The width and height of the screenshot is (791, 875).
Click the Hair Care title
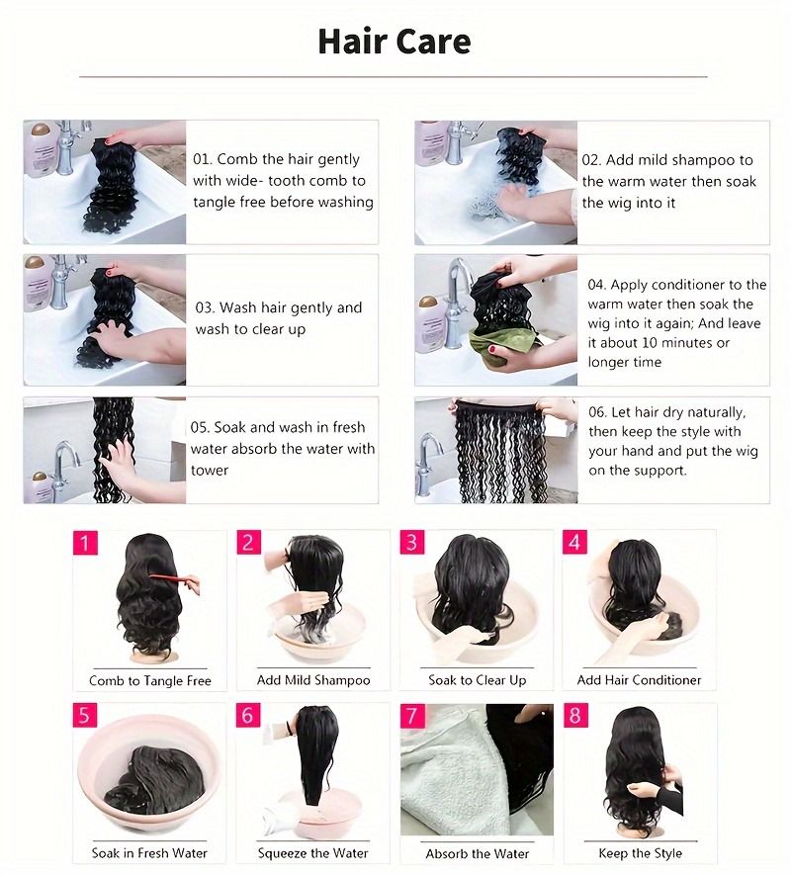(x=394, y=42)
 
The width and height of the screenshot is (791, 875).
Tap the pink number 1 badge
(x=85, y=543)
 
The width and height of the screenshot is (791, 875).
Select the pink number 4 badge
(x=575, y=543)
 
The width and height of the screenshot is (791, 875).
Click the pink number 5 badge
(x=85, y=716)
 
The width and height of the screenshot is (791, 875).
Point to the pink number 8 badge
(x=575, y=716)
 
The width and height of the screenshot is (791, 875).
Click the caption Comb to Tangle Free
(x=150, y=680)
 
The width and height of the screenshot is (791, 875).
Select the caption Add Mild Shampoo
(x=313, y=680)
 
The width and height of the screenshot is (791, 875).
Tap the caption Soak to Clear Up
(x=477, y=680)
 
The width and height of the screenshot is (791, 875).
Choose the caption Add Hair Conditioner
(x=639, y=680)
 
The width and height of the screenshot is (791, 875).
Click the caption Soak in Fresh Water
(x=150, y=853)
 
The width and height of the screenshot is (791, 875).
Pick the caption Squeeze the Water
(x=313, y=853)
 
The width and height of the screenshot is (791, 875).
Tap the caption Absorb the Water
(x=477, y=853)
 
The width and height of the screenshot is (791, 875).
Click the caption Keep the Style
(x=640, y=853)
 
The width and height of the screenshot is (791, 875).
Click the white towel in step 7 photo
(x=445, y=781)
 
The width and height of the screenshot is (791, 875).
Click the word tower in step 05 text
(x=210, y=471)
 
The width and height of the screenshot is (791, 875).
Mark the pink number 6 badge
(x=248, y=716)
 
